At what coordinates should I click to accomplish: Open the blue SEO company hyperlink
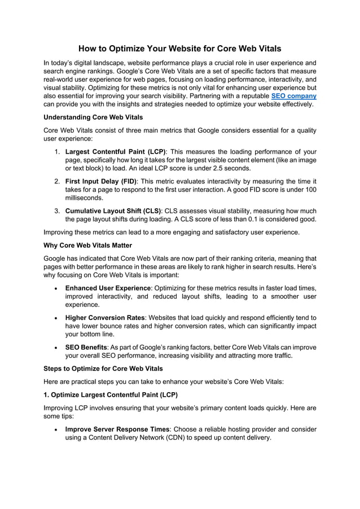(294, 96)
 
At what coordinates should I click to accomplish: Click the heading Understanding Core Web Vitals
(93, 117)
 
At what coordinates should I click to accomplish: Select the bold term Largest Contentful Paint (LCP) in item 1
(115, 152)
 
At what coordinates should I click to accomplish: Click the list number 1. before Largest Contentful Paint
(58, 152)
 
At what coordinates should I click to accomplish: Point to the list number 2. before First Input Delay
(58, 181)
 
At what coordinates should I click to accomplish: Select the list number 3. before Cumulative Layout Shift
(58, 210)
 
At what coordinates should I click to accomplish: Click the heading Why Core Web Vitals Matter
(87, 245)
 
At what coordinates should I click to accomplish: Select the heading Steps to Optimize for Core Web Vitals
(103, 368)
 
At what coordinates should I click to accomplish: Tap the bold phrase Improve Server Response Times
(117, 429)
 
